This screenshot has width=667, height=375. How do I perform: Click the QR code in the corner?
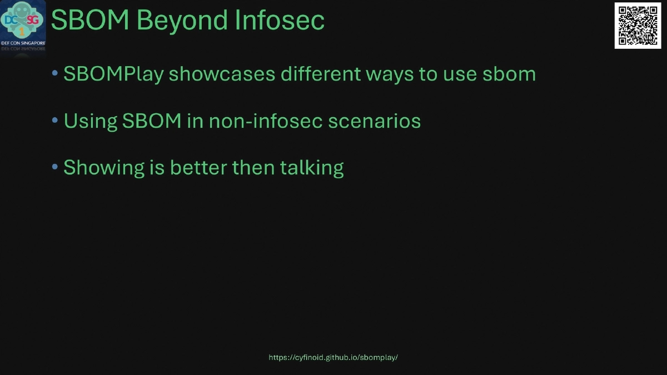[x=637, y=26]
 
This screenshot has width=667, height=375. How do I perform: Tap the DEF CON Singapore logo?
[x=23, y=26]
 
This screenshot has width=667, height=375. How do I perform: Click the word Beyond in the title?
[x=182, y=21]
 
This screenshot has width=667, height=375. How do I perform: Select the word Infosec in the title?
[x=280, y=21]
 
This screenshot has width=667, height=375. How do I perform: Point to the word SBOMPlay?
[x=113, y=74]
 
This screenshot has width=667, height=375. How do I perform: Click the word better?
[x=198, y=167]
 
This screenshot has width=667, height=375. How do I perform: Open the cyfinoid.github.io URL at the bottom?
[x=333, y=358]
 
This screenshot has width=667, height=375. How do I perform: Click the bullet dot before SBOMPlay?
[x=54, y=73]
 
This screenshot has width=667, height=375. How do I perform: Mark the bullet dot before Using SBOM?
[x=54, y=120]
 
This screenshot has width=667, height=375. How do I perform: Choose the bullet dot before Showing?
[x=54, y=167]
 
